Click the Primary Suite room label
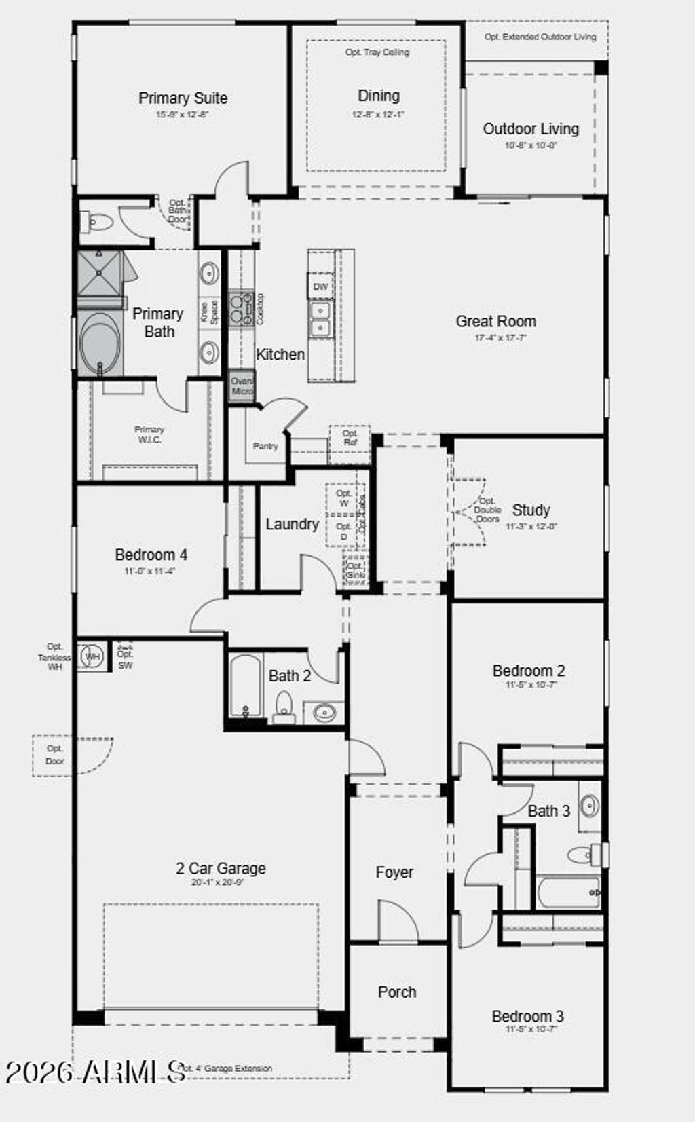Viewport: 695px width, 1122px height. pyautogui.click(x=183, y=98)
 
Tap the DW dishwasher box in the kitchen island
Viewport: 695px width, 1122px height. pyautogui.click(x=320, y=286)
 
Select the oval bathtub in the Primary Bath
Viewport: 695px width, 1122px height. pyautogui.click(x=100, y=343)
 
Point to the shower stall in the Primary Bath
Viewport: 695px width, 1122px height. pyautogui.click(x=99, y=274)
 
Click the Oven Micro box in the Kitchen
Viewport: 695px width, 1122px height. pyautogui.click(x=241, y=386)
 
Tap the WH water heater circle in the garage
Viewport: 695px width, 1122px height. pyautogui.click(x=92, y=656)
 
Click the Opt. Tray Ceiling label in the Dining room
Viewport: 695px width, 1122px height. pyautogui.click(x=377, y=52)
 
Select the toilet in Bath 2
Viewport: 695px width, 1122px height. pyautogui.click(x=284, y=706)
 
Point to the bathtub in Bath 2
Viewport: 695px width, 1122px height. pyautogui.click(x=245, y=686)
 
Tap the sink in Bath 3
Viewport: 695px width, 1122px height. pyautogui.click(x=590, y=806)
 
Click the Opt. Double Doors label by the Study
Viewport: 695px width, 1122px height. pyautogui.click(x=487, y=510)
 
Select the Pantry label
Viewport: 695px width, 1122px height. pyautogui.click(x=265, y=446)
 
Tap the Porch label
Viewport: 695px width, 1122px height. pyautogui.click(x=397, y=992)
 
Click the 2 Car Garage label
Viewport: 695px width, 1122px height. pyautogui.click(x=221, y=868)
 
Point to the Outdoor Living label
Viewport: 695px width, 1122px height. pyautogui.click(x=531, y=129)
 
